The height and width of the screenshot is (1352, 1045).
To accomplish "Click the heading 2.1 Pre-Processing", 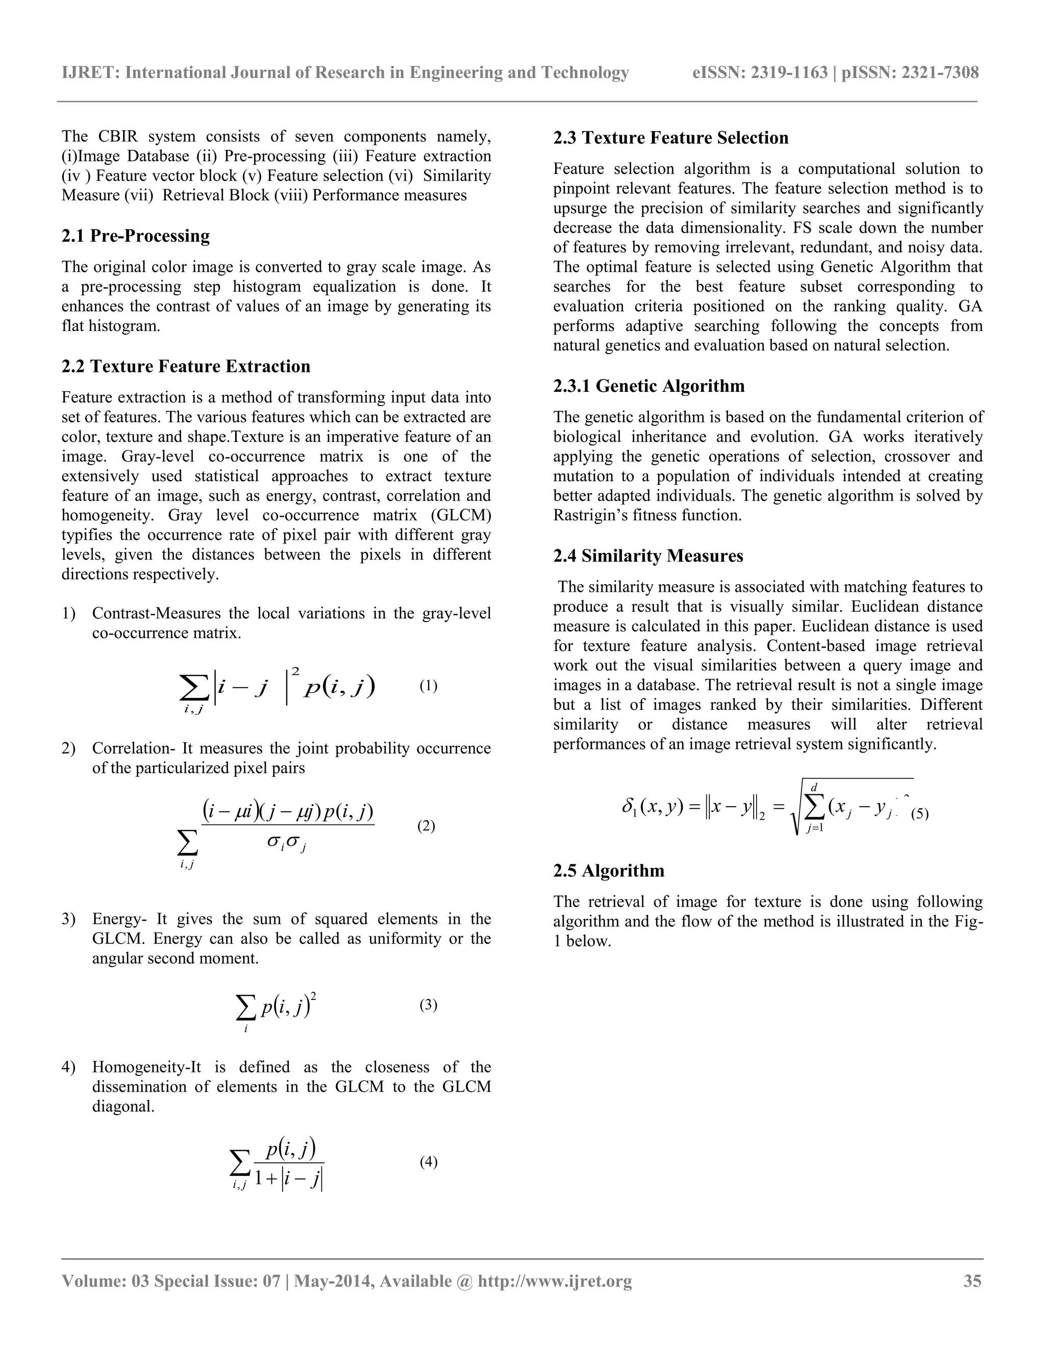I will [x=136, y=236].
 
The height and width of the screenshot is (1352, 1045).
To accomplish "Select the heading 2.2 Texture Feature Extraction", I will [x=186, y=366].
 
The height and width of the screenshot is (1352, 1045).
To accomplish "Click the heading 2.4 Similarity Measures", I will [x=648, y=556].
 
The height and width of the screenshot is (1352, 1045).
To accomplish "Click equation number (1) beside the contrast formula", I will [x=428, y=686].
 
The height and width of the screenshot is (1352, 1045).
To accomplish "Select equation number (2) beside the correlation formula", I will [x=426, y=826].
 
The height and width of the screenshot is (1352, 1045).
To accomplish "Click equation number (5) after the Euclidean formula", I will [x=919, y=814].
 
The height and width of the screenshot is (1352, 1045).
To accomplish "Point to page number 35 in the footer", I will [x=972, y=1281].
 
